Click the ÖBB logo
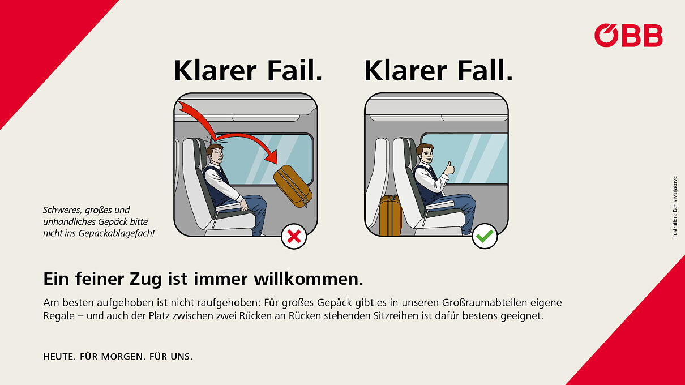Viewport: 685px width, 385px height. click(x=628, y=35)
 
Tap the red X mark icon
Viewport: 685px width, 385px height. click(x=294, y=237)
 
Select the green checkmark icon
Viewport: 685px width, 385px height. click(x=485, y=237)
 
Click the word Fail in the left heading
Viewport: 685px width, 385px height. click(x=295, y=71)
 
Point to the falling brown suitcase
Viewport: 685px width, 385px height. click(x=293, y=186)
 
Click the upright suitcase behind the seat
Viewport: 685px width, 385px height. click(x=390, y=215)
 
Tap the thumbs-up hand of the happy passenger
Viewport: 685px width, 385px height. click(x=449, y=169)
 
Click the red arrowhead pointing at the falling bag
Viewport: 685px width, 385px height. click(x=272, y=157)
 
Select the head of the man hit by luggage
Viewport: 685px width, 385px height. click(x=215, y=155)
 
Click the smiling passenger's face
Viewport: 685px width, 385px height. click(x=426, y=155)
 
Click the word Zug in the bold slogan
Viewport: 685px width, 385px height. click(x=145, y=280)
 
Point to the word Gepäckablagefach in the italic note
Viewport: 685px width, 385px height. click(x=116, y=233)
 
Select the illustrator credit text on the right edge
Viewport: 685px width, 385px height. click(x=675, y=207)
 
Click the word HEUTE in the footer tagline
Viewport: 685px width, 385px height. click(x=59, y=357)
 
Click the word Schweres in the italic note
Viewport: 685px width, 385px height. click(x=62, y=210)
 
